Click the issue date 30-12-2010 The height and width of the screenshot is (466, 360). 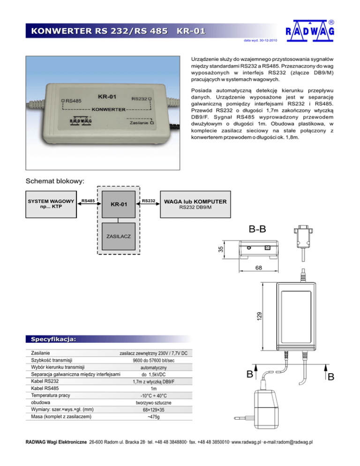(x=261, y=40)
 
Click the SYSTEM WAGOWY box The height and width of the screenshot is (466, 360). (x=51, y=204)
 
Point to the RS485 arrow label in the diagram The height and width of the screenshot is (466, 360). (x=88, y=201)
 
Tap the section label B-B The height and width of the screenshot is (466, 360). (x=259, y=230)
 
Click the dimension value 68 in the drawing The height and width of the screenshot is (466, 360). (x=258, y=268)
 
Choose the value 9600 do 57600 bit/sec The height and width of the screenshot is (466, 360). (x=154, y=361)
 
